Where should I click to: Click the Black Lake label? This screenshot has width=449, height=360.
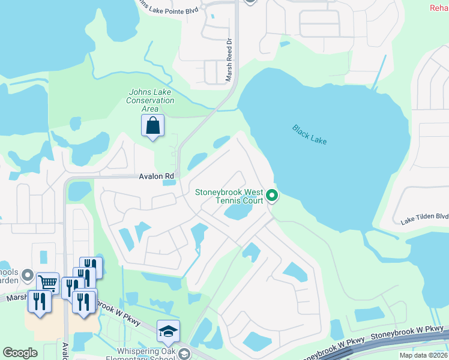pyautogui.click(x=310, y=134)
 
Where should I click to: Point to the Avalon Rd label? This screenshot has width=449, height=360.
pyautogui.click(x=157, y=176)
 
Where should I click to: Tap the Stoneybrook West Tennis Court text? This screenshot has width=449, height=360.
pyautogui.click(x=229, y=196)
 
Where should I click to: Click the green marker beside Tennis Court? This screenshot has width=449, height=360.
pyautogui.click(x=272, y=195)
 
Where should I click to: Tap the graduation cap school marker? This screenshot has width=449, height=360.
pyautogui.click(x=168, y=331)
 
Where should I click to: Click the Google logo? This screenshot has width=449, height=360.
pyautogui.click(x=20, y=353)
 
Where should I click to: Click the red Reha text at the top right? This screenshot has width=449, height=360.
pyautogui.click(x=439, y=7)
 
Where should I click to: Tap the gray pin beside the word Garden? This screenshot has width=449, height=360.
pyautogui.click(x=27, y=276)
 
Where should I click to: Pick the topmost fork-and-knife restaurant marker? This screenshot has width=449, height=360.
pyautogui.click(x=91, y=266)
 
